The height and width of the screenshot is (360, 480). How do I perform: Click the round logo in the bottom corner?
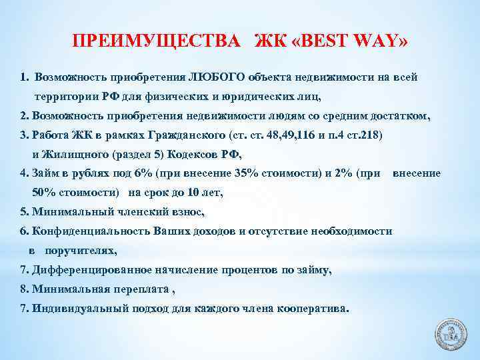click(453, 333)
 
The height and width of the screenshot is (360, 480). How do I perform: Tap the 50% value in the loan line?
click(45, 193)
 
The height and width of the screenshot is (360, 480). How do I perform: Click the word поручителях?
click(80, 251)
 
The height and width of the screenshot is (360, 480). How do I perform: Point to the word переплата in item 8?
click(143, 289)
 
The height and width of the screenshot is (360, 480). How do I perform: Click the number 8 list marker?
click(24, 289)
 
